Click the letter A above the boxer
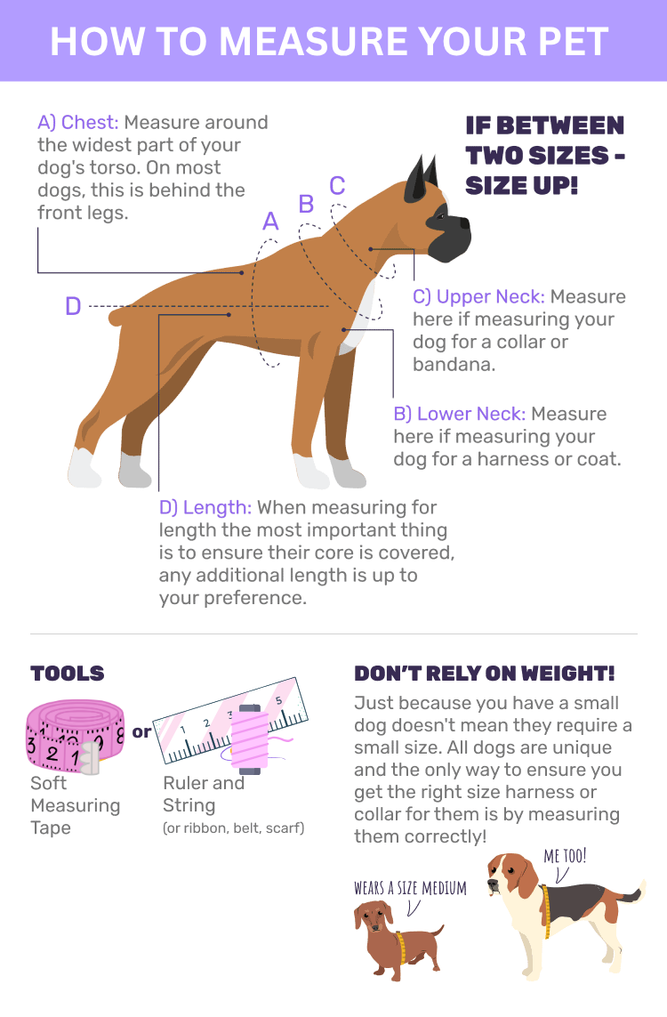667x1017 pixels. (x=270, y=222)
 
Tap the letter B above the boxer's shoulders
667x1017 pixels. (x=306, y=205)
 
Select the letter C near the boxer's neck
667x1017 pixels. (x=337, y=185)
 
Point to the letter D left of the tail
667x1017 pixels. (x=73, y=305)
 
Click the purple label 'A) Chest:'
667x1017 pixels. (x=77, y=123)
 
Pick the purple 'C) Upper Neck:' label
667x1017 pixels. (x=478, y=297)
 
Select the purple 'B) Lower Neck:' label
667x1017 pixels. (x=460, y=414)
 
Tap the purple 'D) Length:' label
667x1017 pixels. (x=205, y=507)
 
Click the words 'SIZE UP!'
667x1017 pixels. (x=521, y=185)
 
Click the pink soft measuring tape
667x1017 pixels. (x=75, y=736)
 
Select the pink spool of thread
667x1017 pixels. (x=249, y=739)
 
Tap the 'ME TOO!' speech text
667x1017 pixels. (x=565, y=856)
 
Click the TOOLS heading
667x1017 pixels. (x=68, y=674)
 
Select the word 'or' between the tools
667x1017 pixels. (x=141, y=732)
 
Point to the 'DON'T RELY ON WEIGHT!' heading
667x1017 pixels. (x=484, y=674)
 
